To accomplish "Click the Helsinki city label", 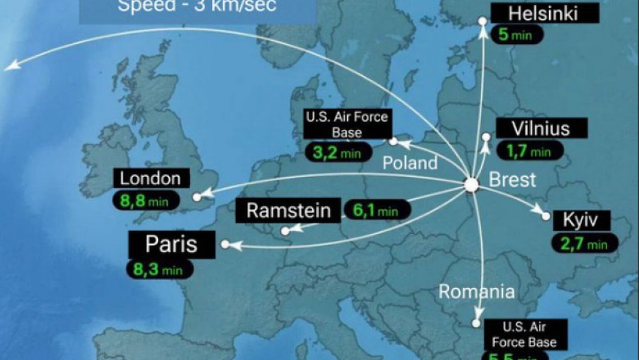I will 545,14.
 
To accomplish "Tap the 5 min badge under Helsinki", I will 517,35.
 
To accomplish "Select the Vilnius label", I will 541,128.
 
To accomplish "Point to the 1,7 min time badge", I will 530,151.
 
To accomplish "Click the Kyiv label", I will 581,220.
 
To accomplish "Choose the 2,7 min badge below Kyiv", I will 585,244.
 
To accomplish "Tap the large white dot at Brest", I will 471,185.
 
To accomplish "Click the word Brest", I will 512,180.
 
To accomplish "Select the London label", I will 151,178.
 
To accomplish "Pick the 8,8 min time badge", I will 145,201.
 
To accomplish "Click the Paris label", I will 171,244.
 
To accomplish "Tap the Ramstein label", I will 288,210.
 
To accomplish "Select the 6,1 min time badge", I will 376,210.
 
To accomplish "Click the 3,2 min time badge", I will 337,153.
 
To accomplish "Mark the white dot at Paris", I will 225,244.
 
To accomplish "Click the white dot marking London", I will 197,197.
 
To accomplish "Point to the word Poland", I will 410,163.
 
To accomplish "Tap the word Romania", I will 477,292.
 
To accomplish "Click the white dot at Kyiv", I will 546,217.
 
